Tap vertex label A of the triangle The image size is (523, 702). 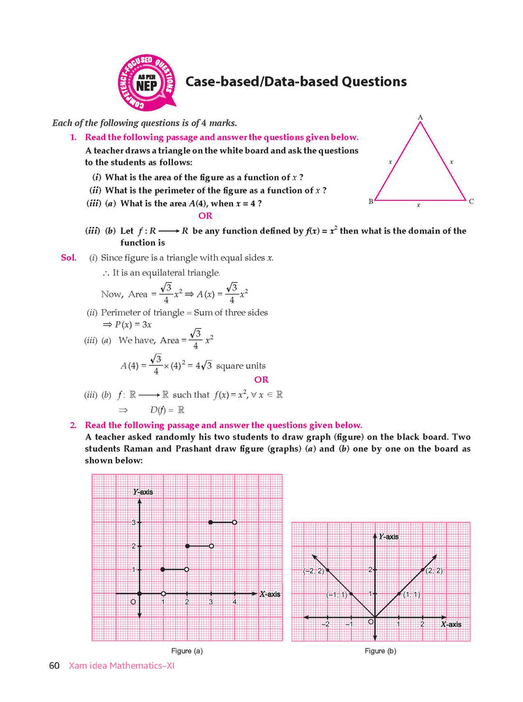[420, 118]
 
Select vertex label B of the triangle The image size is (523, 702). [370, 201]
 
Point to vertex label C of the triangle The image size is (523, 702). [471, 201]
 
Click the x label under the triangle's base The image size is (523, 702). [418, 205]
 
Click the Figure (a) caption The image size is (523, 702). [187, 650]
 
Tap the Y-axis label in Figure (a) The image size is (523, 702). [143, 492]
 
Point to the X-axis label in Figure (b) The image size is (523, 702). [450, 625]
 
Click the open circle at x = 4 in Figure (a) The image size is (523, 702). [234, 522]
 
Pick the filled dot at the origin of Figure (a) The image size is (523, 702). [140, 593]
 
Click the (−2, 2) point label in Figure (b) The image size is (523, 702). [313, 571]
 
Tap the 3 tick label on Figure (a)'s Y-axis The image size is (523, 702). [132, 522]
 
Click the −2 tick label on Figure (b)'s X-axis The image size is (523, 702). [325, 625]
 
